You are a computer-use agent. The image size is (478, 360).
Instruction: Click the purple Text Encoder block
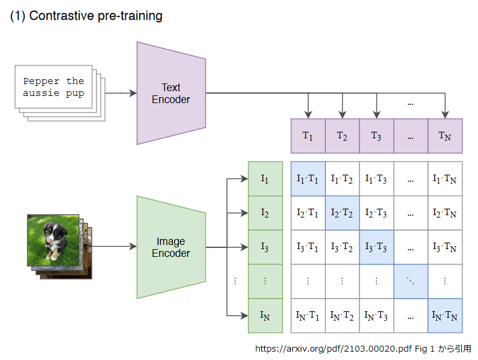tap(171, 94)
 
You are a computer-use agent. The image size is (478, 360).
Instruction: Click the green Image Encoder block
tap(171, 247)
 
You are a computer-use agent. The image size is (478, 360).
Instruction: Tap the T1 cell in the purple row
tap(308, 136)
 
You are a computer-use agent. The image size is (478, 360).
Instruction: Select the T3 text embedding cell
tap(376, 136)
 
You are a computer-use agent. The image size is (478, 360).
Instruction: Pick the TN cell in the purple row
tap(445, 136)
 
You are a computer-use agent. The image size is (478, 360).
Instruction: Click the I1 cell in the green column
tap(265, 178)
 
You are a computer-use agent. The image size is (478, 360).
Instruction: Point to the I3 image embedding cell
tap(265, 247)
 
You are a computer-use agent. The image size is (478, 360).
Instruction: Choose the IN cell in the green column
tap(265, 315)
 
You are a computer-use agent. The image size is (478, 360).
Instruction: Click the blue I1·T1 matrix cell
tap(308, 178)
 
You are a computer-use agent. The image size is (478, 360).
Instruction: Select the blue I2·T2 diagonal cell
tap(342, 213)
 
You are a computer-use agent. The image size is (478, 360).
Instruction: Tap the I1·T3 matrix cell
tap(376, 178)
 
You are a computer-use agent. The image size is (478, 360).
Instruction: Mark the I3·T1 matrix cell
tap(308, 247)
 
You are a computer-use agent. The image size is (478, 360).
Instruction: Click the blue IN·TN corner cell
tap(445, 315)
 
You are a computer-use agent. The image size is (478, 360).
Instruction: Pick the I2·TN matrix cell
tap(445, 213)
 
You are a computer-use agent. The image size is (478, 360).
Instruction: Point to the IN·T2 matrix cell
tap(342, 315)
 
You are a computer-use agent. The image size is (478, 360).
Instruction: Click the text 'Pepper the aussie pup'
tap(54, 87)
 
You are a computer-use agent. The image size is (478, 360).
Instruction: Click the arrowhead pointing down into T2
tap(342, 114)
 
